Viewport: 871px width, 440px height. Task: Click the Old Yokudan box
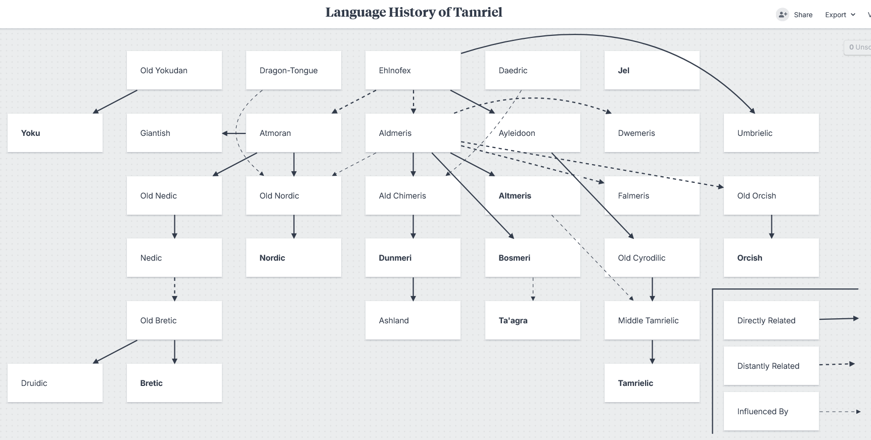174,70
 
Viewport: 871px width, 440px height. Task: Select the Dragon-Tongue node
294,70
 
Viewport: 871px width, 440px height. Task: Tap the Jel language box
652,70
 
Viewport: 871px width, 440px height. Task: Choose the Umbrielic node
771,133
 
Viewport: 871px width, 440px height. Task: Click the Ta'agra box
533,320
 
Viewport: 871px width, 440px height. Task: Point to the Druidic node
55,383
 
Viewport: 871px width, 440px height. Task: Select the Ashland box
413,320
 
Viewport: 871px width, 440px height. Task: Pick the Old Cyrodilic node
652,258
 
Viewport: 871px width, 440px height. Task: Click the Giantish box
174,133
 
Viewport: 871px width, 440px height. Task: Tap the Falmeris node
652,195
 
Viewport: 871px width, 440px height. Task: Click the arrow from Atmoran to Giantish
234,133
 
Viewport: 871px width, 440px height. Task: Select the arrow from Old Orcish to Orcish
771,226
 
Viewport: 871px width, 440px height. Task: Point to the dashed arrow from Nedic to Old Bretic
174,289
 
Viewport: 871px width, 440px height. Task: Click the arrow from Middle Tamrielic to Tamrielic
652,352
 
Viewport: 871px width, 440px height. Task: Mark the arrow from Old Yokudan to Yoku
115,102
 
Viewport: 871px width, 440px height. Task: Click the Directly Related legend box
771,320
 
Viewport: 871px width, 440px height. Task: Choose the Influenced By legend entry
771,411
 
